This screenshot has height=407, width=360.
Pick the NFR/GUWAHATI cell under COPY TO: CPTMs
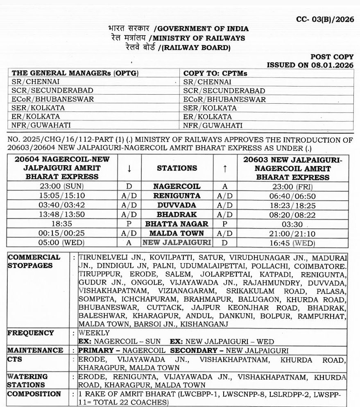point(213,126)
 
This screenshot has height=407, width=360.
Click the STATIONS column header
point(177,168)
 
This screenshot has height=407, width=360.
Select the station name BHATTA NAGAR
point(177,224)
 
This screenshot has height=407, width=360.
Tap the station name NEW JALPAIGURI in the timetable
point(177,243)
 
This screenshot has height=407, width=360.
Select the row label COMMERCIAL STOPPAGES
point(34,261)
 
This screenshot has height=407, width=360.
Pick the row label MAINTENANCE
point(35,350)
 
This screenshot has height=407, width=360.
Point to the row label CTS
point(15,359)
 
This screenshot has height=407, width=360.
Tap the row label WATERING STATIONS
point(28,381)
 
